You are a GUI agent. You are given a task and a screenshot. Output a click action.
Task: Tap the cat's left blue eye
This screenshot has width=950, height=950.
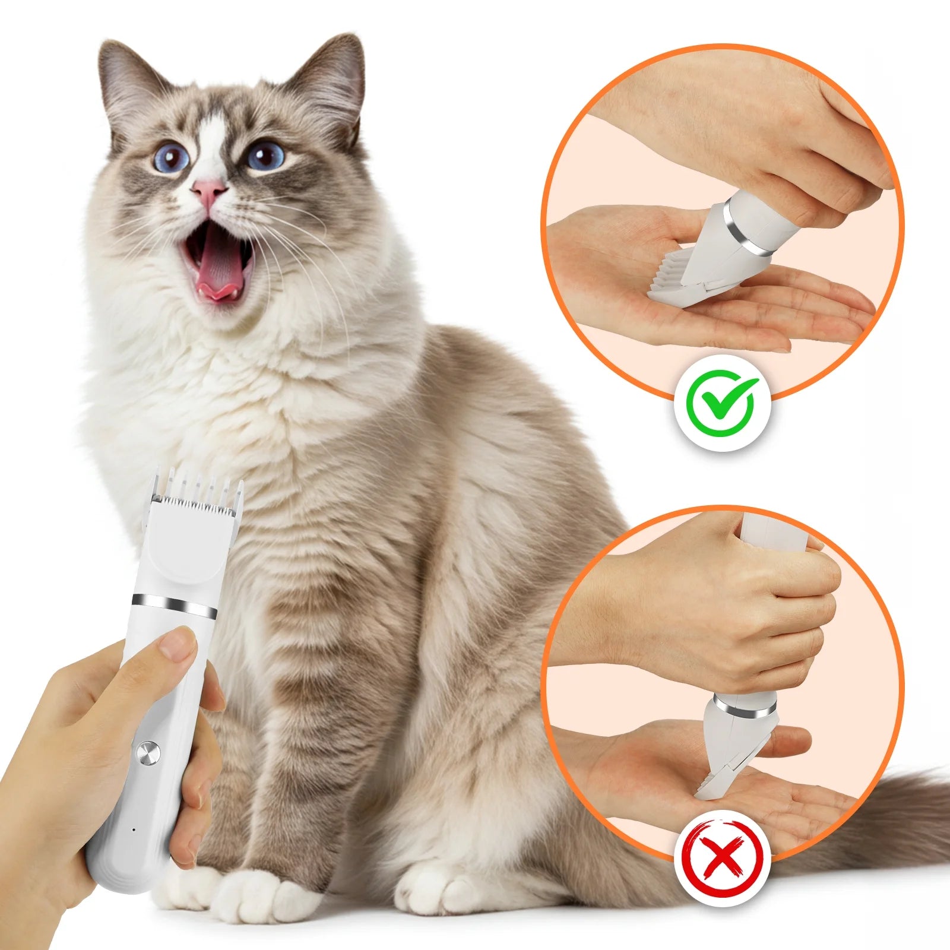[x=172, y=158]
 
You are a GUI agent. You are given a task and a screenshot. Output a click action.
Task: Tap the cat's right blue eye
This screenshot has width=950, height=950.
[x=265, y=156]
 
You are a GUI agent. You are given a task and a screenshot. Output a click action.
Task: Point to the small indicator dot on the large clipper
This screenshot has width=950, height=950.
[x=134, y=829]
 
